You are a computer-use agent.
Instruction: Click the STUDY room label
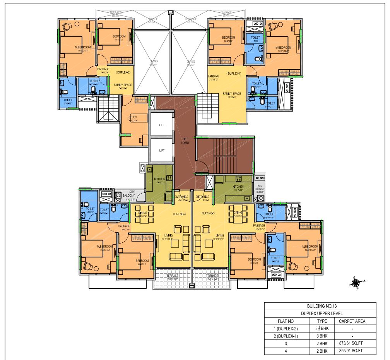click(133, 117)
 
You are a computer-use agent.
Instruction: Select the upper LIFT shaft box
click(162, 125)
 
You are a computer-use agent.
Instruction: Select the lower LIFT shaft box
click(162, 150)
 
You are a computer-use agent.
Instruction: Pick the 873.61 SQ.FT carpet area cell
click(352, 343)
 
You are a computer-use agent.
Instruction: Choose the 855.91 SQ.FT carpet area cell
click(352, 351)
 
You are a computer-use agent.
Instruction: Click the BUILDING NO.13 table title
click(320, 306)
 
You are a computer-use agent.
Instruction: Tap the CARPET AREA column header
click(352, 321)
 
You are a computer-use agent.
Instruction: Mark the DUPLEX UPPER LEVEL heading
click(320, 313)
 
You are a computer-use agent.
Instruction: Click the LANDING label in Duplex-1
click(214, 76)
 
